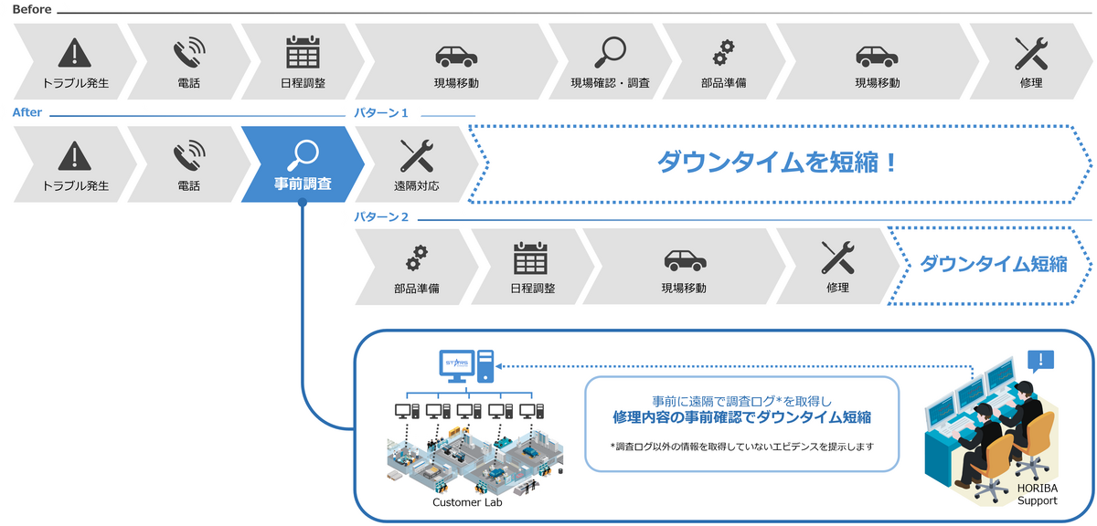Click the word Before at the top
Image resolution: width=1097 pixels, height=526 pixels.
[32, 9]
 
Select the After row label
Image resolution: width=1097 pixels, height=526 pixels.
[27, 113]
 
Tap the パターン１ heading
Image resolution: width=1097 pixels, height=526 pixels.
[380, 113]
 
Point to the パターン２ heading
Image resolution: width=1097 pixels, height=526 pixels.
[380, 217]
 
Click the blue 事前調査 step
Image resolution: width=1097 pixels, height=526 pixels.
[303, 164]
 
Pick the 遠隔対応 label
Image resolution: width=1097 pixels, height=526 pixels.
[416, 185]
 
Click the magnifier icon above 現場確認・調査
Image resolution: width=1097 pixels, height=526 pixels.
[610, 51]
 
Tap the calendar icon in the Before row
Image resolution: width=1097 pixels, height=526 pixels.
[303, 51]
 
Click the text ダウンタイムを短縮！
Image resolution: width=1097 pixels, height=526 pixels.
[778, 163]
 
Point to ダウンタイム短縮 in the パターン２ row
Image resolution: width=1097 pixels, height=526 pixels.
[993, 265]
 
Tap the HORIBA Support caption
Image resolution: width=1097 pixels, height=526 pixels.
[1037, 495]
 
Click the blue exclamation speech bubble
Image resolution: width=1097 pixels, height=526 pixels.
[1040, 360]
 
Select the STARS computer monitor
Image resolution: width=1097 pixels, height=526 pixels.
[456, 366]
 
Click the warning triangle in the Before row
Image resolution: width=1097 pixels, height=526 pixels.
[76, 51]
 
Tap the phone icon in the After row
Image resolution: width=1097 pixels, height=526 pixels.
[189, 156]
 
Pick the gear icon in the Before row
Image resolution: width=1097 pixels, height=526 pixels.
[723, 51]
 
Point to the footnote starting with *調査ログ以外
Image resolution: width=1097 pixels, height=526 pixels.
[741, 447]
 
